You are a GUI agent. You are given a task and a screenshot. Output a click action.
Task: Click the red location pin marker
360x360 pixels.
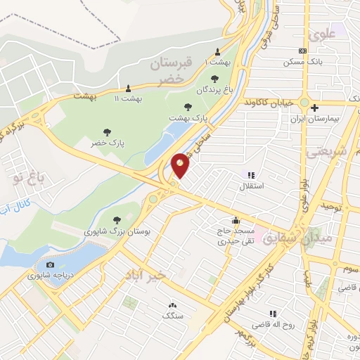coord(181,165)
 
